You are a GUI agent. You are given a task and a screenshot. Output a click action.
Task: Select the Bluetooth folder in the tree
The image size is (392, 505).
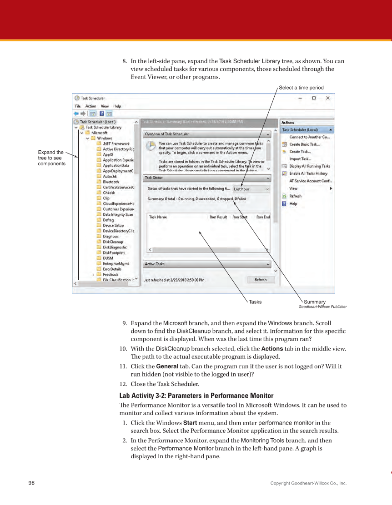coord(111,182)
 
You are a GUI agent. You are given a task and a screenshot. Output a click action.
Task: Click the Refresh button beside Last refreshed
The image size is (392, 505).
coord(261,280)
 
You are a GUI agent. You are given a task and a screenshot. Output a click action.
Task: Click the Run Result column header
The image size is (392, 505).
coord(218,217)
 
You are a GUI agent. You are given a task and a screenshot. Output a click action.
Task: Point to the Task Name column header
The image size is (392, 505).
coord(158,217)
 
